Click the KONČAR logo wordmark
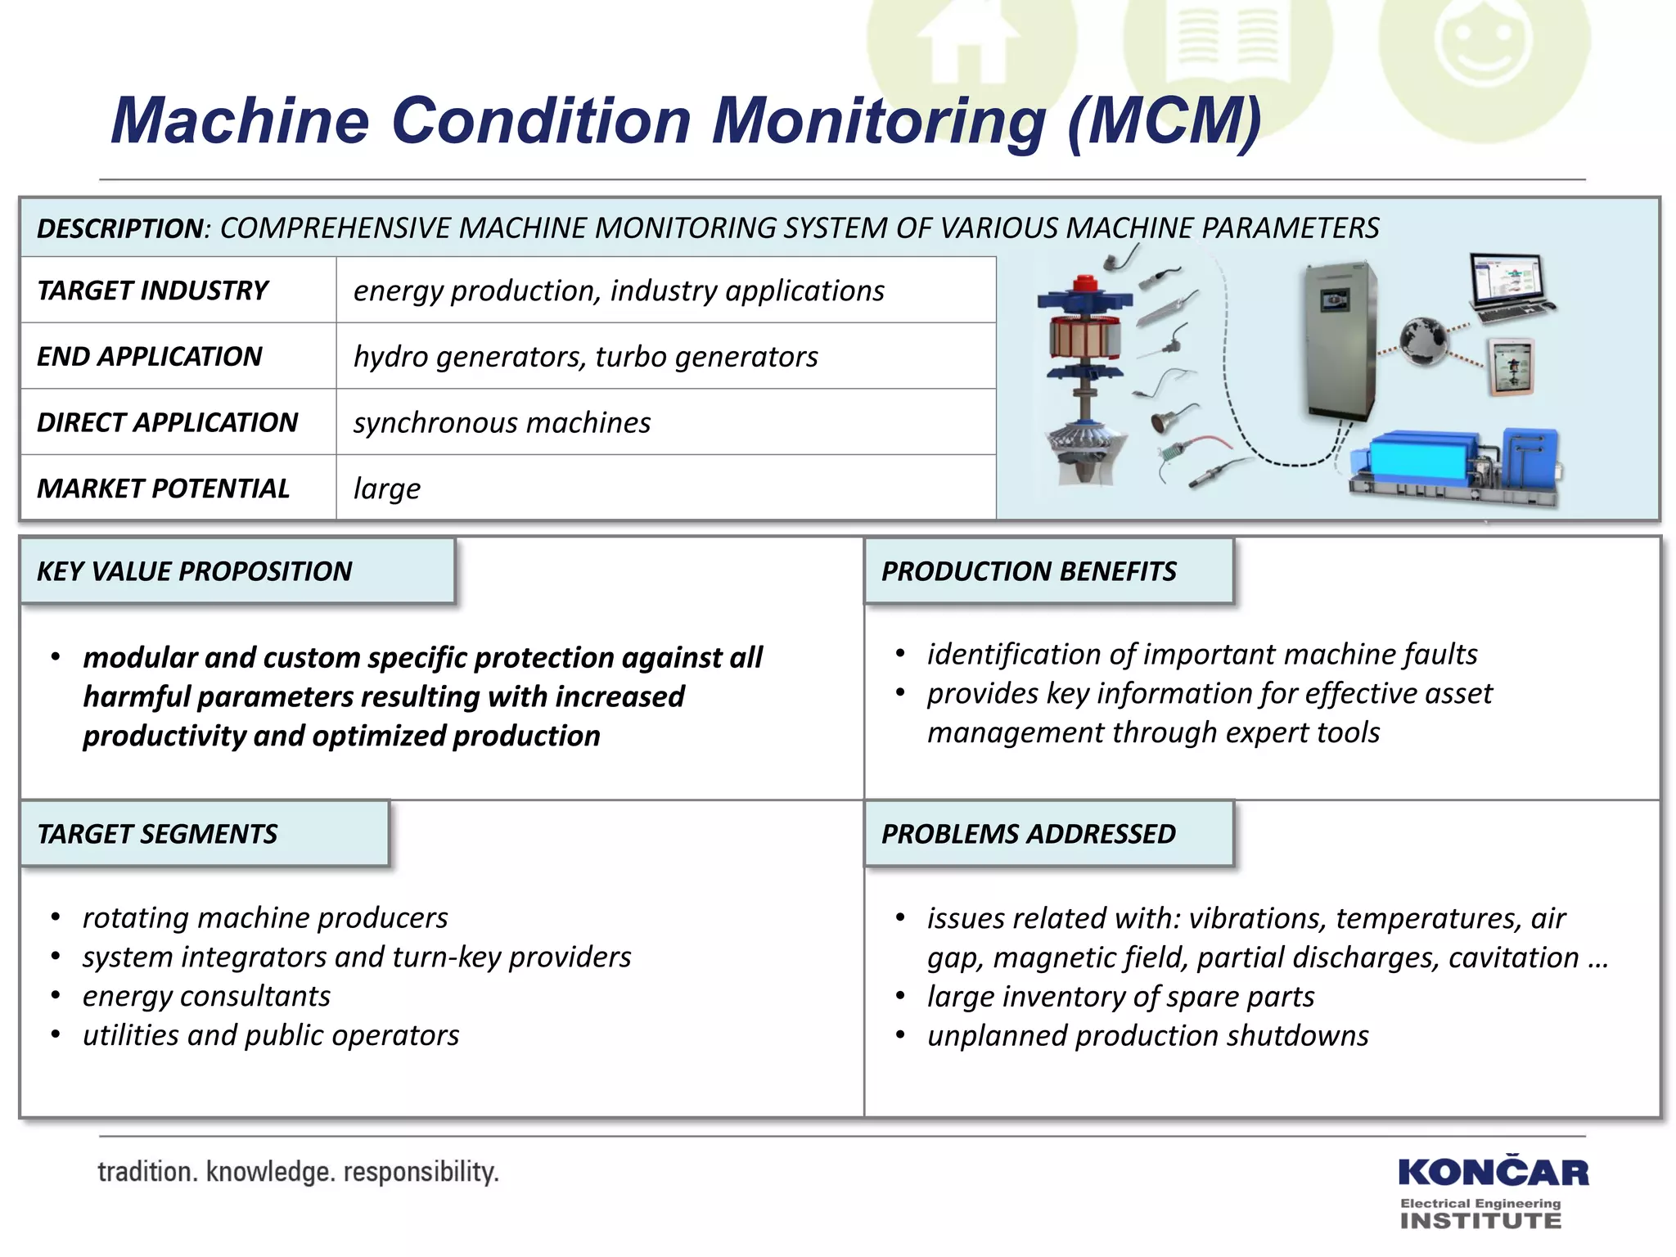[x=1493, y=1172]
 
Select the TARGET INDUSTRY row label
[x=153, y=291]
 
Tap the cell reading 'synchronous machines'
[x=502, y=422]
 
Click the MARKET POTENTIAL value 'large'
[x=386, y=489]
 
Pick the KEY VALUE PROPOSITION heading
[x=195, y=571]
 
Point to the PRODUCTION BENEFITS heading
[x=1029, y=571]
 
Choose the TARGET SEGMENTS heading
[x=157, y=834]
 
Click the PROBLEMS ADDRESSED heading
[x=1028, y=834]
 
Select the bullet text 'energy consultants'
[x=206, y=996]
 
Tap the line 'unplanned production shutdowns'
[x=1147, y=1035]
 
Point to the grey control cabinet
[x=1339, y=340]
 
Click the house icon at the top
[x=969, y=45]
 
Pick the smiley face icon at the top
[x=1484, y=45]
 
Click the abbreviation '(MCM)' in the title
[x=1165, y=121]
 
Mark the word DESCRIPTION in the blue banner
[x=119, y=228]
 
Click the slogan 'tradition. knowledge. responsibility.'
[x=298, y=1172]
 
